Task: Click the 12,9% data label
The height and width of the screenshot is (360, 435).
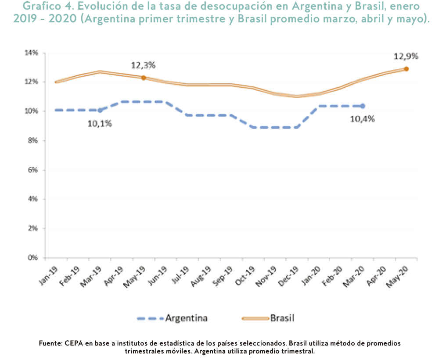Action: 406,57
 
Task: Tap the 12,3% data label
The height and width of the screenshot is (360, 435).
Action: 143,65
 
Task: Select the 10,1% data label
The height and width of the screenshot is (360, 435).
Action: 100,123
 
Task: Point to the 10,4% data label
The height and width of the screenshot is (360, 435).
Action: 362,119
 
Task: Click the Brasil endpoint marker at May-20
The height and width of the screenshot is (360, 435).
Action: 406,69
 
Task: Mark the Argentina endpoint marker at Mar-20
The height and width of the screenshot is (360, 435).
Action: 363,106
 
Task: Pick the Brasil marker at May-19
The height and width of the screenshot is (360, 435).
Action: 144,78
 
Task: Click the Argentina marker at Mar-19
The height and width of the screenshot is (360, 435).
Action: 100,110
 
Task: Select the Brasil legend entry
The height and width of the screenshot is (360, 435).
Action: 268,318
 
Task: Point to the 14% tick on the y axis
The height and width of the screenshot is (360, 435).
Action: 32,53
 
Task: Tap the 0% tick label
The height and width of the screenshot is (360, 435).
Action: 34,258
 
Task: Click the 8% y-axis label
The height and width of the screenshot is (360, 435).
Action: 34,141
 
